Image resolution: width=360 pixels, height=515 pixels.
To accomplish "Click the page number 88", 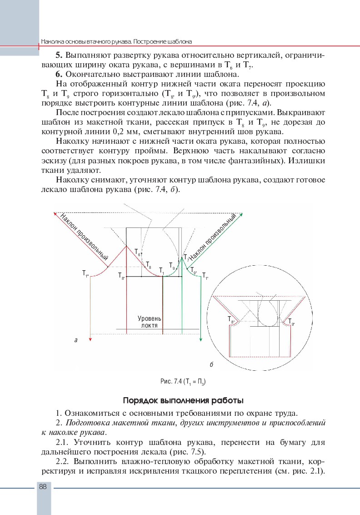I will point(43,486).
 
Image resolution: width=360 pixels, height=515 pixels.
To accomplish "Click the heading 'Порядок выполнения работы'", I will point(183,401).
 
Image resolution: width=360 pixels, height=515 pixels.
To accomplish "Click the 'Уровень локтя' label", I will point(149,322).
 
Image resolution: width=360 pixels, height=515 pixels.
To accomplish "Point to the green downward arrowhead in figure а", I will point(200,339).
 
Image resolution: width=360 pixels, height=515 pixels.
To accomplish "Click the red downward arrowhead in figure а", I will point(91,339).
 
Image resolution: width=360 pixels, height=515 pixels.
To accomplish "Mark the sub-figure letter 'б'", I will point(212,365).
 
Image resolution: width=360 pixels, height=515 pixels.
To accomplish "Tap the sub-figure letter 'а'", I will point(76,339).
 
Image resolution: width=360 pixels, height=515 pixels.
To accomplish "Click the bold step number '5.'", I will point(59,56).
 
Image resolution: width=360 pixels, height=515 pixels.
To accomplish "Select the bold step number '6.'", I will point(59,74).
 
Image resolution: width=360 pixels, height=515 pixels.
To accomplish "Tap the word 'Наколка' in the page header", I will point(53,41).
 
